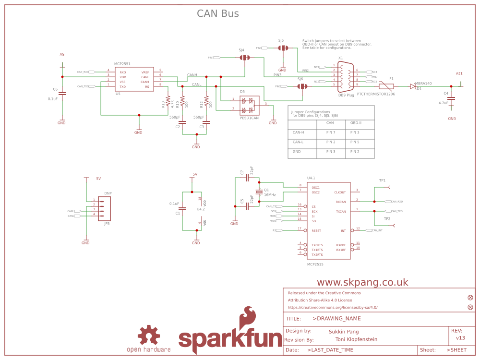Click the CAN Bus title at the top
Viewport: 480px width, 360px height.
click(217, 13)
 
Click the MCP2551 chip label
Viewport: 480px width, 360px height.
click(122, 64)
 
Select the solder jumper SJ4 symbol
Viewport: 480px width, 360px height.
click(245, 58)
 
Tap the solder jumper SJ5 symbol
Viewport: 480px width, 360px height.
click(283, 48)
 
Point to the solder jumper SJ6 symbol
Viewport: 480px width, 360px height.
click(302, 86)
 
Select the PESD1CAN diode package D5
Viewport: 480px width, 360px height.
click(249, 106)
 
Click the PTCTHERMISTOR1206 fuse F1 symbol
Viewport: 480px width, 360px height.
click(386, 86)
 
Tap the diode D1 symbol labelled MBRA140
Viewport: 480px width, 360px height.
click(412, 86)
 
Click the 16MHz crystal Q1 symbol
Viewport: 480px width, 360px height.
click(259, 192)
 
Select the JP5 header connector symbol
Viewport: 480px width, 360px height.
click(104, 207)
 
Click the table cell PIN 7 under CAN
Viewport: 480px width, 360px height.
click(331, 132)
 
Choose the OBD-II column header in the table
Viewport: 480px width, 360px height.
click(356, 123)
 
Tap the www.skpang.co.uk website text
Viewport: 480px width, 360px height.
click(362, 283)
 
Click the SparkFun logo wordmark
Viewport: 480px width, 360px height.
click(230, 338)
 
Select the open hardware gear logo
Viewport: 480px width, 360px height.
click(148, 335)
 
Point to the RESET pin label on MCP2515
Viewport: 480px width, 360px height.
click(316, 231)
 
